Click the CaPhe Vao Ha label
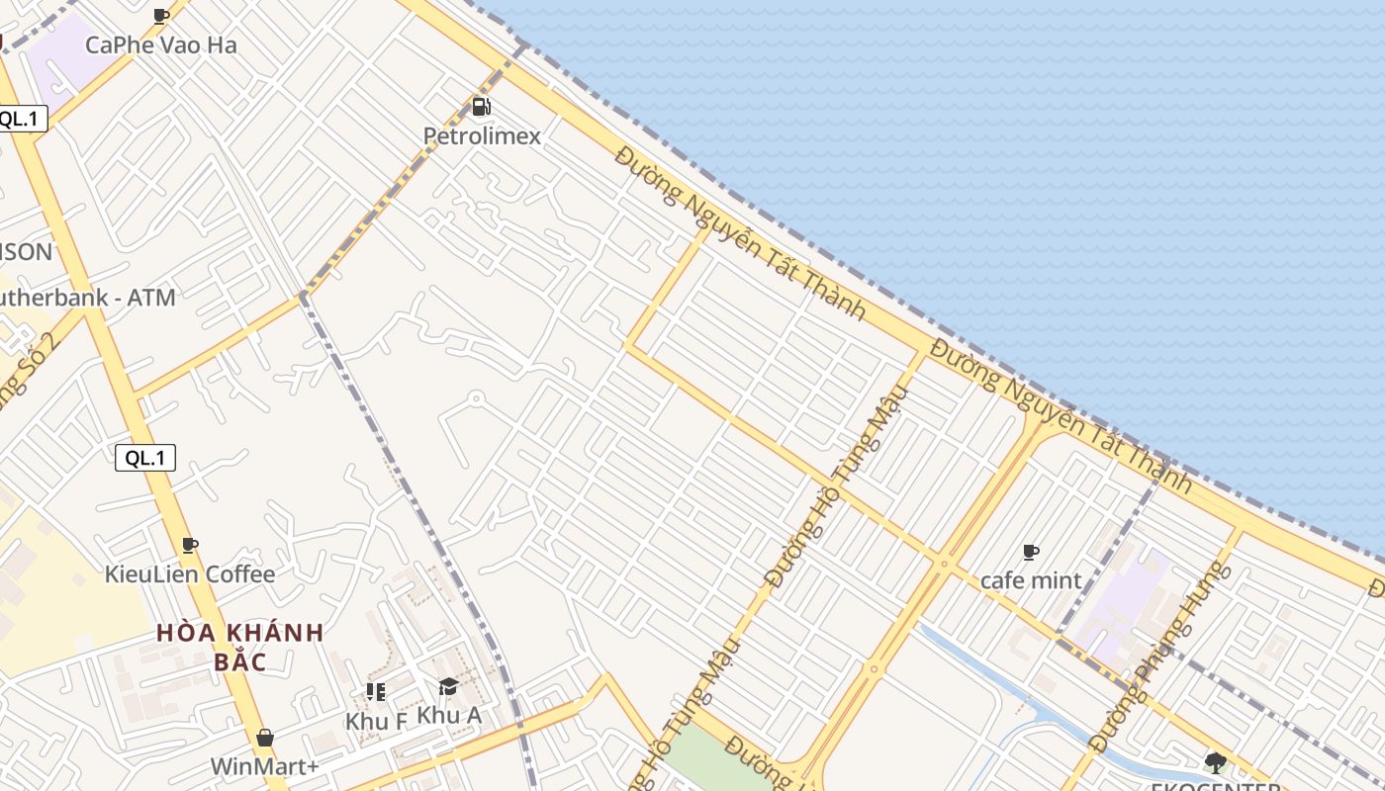pos(160,44)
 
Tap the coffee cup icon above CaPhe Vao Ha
pos(161,16)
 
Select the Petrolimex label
pos(482,135)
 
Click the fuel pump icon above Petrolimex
pos(481,107)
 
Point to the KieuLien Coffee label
pos(190,573)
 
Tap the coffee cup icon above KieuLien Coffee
pos(190,545)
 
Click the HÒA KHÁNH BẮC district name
pos(240,647)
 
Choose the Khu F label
pos(376,722)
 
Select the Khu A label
pos(449,714)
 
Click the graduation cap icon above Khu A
pos(448,687)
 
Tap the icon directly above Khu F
pos(375,691)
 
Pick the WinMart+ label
pos(264,766)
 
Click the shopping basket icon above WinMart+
pos(264,738)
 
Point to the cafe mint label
pos(1031,580)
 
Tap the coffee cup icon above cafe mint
pos(1031,552)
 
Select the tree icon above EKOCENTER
pos(1215,762)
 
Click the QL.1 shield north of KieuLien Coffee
pos(145,458)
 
